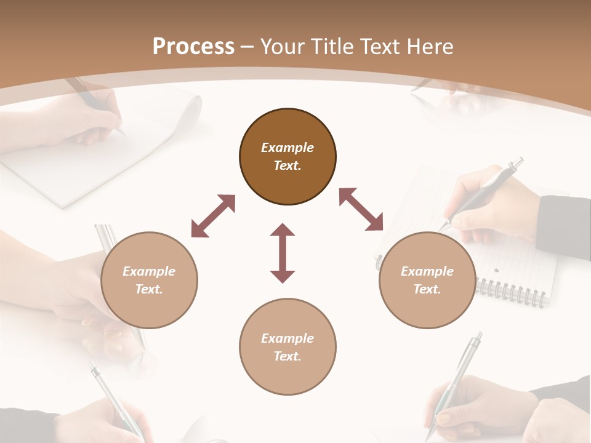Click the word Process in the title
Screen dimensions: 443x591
(193, 46)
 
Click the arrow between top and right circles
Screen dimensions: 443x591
(361, 209)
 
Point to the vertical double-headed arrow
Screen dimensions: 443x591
(283, 253)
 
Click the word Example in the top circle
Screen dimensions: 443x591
(287, 148)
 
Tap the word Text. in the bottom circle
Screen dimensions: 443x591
(287, 356)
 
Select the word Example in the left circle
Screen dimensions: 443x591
(149, 271)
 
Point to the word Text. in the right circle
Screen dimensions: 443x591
(427, 289)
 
